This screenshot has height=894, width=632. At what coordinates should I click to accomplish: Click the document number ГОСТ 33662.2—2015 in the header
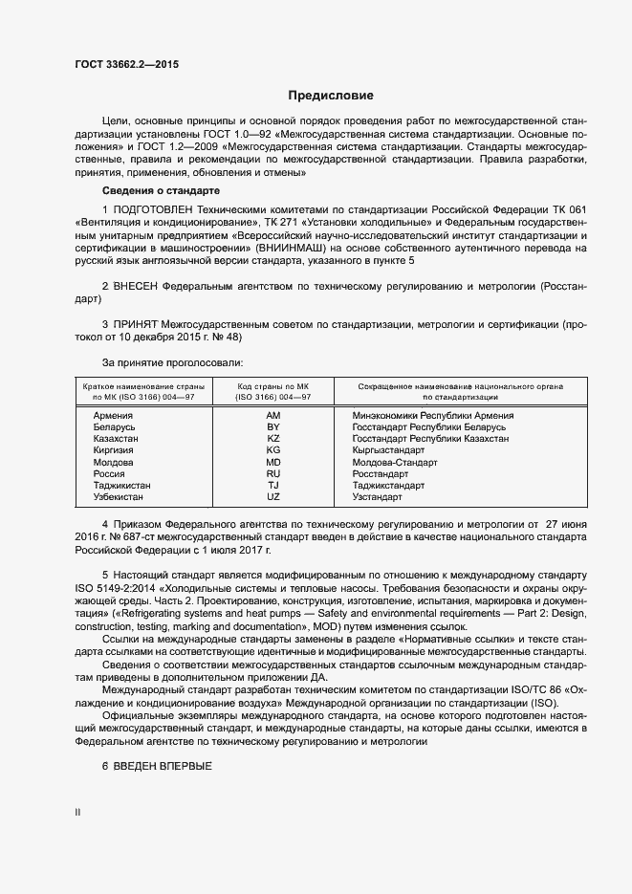pos(126,65)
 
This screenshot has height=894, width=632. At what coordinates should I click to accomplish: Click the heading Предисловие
pos(332,96)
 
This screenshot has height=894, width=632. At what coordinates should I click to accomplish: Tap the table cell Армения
pos(113,416)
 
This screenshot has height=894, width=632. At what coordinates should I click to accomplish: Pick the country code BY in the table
pos(272,427)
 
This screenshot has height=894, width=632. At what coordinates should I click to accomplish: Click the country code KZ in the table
pos(272,439)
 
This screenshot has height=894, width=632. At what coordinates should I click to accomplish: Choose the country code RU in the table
pos(272,473)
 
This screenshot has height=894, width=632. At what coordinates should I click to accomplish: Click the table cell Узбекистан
pos(120,497)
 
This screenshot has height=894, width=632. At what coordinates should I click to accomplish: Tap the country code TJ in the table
pos(272,486)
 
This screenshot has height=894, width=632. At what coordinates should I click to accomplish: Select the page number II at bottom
pos(78,813)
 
